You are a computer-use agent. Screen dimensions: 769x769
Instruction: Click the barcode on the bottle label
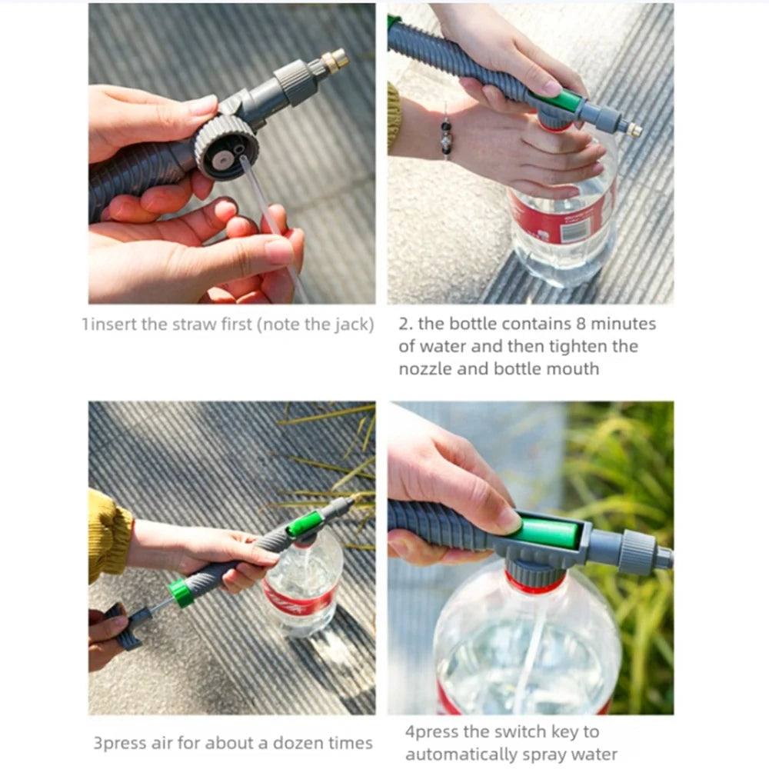pyautogui.click(x=574, y=231)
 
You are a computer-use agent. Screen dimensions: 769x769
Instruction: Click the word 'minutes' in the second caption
pyautogui.click(x=624, y=324)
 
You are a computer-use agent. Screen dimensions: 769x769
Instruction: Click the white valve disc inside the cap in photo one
pyautogui.click(x=223, y=158)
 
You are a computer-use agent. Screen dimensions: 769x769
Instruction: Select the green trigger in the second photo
pyautogui.click(x=560, y=100)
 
